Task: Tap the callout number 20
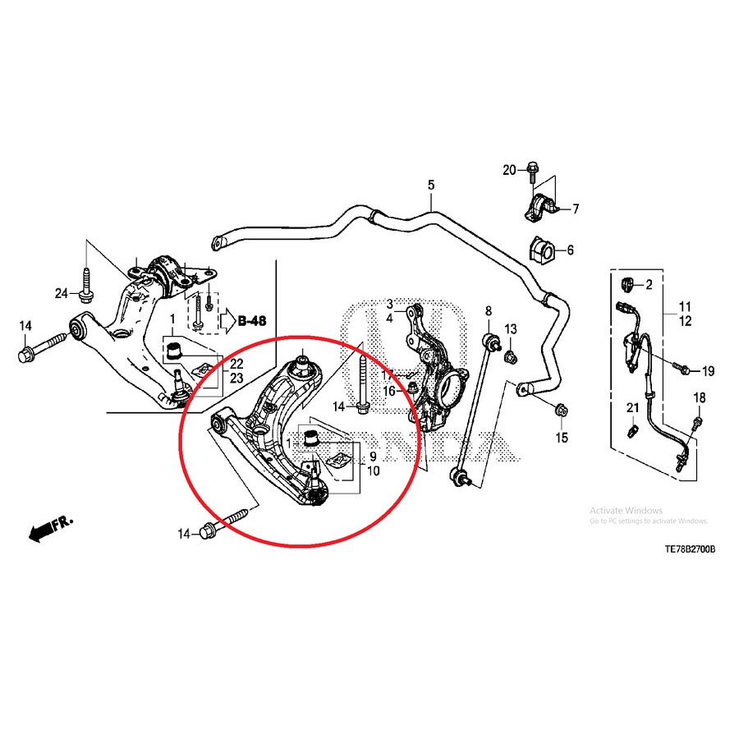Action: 510,170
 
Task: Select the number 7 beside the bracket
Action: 576,209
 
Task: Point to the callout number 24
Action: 62,294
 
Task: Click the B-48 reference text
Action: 254,321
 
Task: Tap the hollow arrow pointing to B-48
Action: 225,321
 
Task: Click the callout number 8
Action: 488,311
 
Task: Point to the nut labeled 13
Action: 510,356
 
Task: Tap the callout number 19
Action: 708,371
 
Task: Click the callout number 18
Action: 699,398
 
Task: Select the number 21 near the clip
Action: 632,408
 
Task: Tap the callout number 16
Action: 389,392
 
